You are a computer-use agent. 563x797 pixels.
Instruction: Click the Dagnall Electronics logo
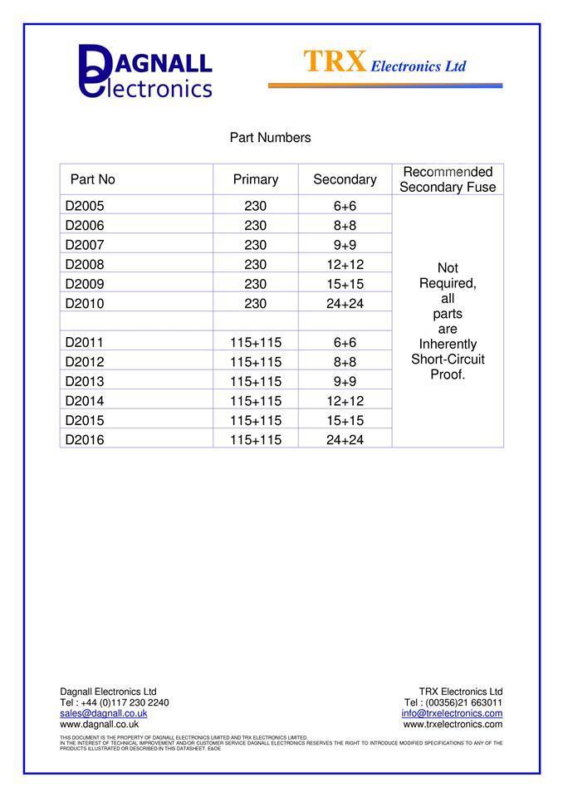coord(145,71)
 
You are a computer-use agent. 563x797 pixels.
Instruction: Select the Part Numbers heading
coord(270,138)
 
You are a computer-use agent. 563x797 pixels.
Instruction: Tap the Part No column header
coord(93,179)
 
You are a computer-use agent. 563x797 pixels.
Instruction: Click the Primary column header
coord(256,179)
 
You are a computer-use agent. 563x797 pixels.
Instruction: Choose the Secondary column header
coord(345,179)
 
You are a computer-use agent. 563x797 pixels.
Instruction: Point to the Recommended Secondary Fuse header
coord(448,179)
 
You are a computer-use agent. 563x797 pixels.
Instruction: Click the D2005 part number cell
coord(85,206)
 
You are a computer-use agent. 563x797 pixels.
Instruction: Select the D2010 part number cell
coord(85,304)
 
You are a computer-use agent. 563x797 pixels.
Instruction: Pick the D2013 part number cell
coord(85,382)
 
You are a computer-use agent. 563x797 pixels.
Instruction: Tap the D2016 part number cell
coord(85,440)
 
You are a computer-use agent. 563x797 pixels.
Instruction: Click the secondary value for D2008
coord(345,265)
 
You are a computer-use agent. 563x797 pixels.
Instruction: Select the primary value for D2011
coord(256,343)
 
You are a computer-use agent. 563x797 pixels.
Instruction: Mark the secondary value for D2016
coord(345,440)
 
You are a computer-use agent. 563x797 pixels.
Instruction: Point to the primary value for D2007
coord(256,245)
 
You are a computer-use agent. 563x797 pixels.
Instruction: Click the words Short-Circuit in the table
coord(448,359)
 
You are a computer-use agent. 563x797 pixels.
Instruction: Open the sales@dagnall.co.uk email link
coord(104,713)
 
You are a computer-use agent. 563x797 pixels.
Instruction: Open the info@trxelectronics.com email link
coord(452,713)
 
